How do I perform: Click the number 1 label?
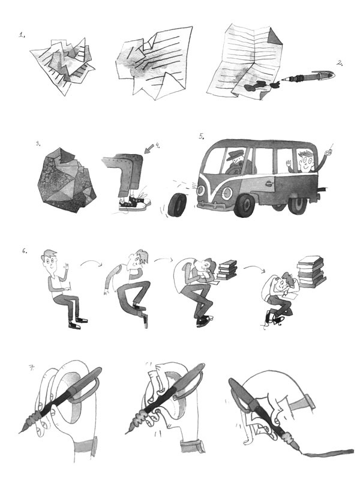(22, 35)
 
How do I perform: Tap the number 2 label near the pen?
(340, 63)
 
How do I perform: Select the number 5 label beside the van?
(202, 136)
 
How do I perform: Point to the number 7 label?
(31, 368)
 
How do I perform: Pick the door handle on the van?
(268, 184)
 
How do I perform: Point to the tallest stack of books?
(310, 272)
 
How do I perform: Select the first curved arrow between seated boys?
(91, 262)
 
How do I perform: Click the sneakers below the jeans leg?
(135, 204)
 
